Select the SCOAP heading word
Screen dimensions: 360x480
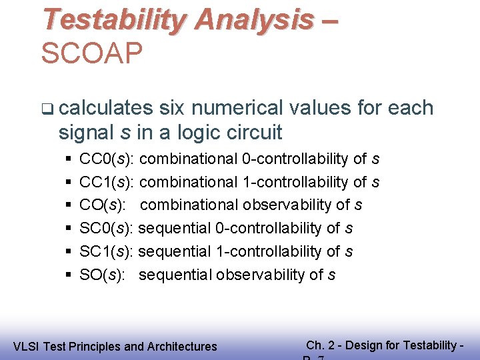coord(91,53)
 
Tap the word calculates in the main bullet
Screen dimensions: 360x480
coord(110,108)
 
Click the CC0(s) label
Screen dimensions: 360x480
coord(107,159)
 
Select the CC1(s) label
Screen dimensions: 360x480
coord(107,181)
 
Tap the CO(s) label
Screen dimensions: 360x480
coord(101,205)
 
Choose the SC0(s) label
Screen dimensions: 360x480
coord(107,228)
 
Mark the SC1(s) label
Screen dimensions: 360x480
coord(107,251)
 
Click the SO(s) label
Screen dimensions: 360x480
coord(100,275)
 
